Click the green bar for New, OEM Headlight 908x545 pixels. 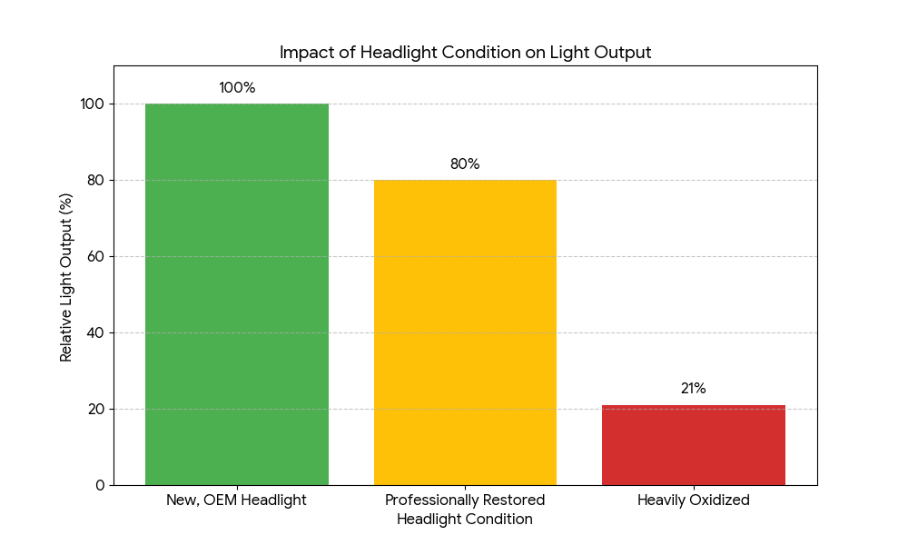pos(237,294)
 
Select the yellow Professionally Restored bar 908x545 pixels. pos(465,332)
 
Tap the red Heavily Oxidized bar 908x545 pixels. pos(694,445)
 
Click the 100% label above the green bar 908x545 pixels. pos(237,88)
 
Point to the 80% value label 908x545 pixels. pos(465,164)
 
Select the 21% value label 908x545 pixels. pos(694,389)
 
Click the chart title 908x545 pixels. pos(465,53)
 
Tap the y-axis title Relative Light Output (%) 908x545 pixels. pos(66,275)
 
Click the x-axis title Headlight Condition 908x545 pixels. pos(465,520)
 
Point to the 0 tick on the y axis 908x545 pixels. pos(99,485)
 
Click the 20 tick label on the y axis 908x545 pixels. pos(95,409)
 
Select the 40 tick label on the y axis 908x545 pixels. pos(95,332)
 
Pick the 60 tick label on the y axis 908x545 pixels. pos(95,256)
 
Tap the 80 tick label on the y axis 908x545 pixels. pos(95,180)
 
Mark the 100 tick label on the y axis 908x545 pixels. pos(92,104)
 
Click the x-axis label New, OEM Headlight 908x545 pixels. pos(237,500)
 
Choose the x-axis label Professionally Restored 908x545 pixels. pos(465,500)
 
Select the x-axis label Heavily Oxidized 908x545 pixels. pos(694,500)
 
